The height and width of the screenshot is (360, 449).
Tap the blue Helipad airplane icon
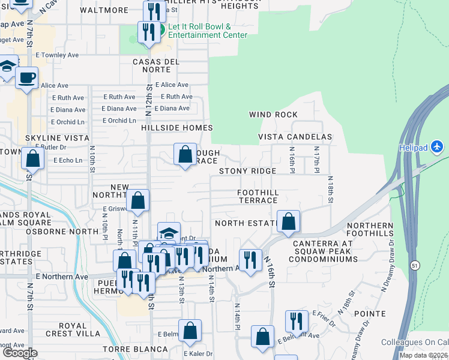438,146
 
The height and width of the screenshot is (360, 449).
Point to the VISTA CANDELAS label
295,137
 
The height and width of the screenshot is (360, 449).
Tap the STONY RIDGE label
247,171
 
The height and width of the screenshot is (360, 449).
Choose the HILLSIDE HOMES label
176,128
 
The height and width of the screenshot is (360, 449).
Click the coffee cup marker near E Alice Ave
26,78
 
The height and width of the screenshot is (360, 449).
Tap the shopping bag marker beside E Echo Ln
32,159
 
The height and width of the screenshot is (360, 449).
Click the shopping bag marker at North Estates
289,221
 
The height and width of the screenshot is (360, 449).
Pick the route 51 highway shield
415,265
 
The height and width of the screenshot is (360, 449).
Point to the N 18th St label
330,186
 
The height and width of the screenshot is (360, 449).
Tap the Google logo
20,353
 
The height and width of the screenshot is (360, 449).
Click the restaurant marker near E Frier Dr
297,322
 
